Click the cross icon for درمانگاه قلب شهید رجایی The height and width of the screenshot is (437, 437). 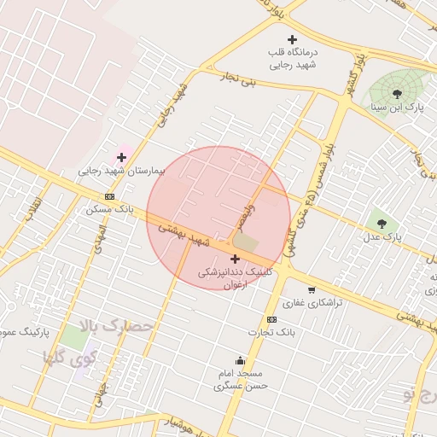coord(293,39)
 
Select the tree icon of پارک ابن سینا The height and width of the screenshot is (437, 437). coord(396,92)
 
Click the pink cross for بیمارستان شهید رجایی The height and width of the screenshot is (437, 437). coord(121,156)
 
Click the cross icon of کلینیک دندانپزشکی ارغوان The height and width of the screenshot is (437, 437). coord(235,258)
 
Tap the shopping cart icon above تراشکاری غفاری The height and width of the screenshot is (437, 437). coord(311,290)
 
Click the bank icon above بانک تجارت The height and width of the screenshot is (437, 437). coord(271,319)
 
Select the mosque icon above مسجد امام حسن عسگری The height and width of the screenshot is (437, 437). coord(241,360)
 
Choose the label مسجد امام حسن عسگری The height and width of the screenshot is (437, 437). coord(242,380)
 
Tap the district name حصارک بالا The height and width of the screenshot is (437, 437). coord(115,327)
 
